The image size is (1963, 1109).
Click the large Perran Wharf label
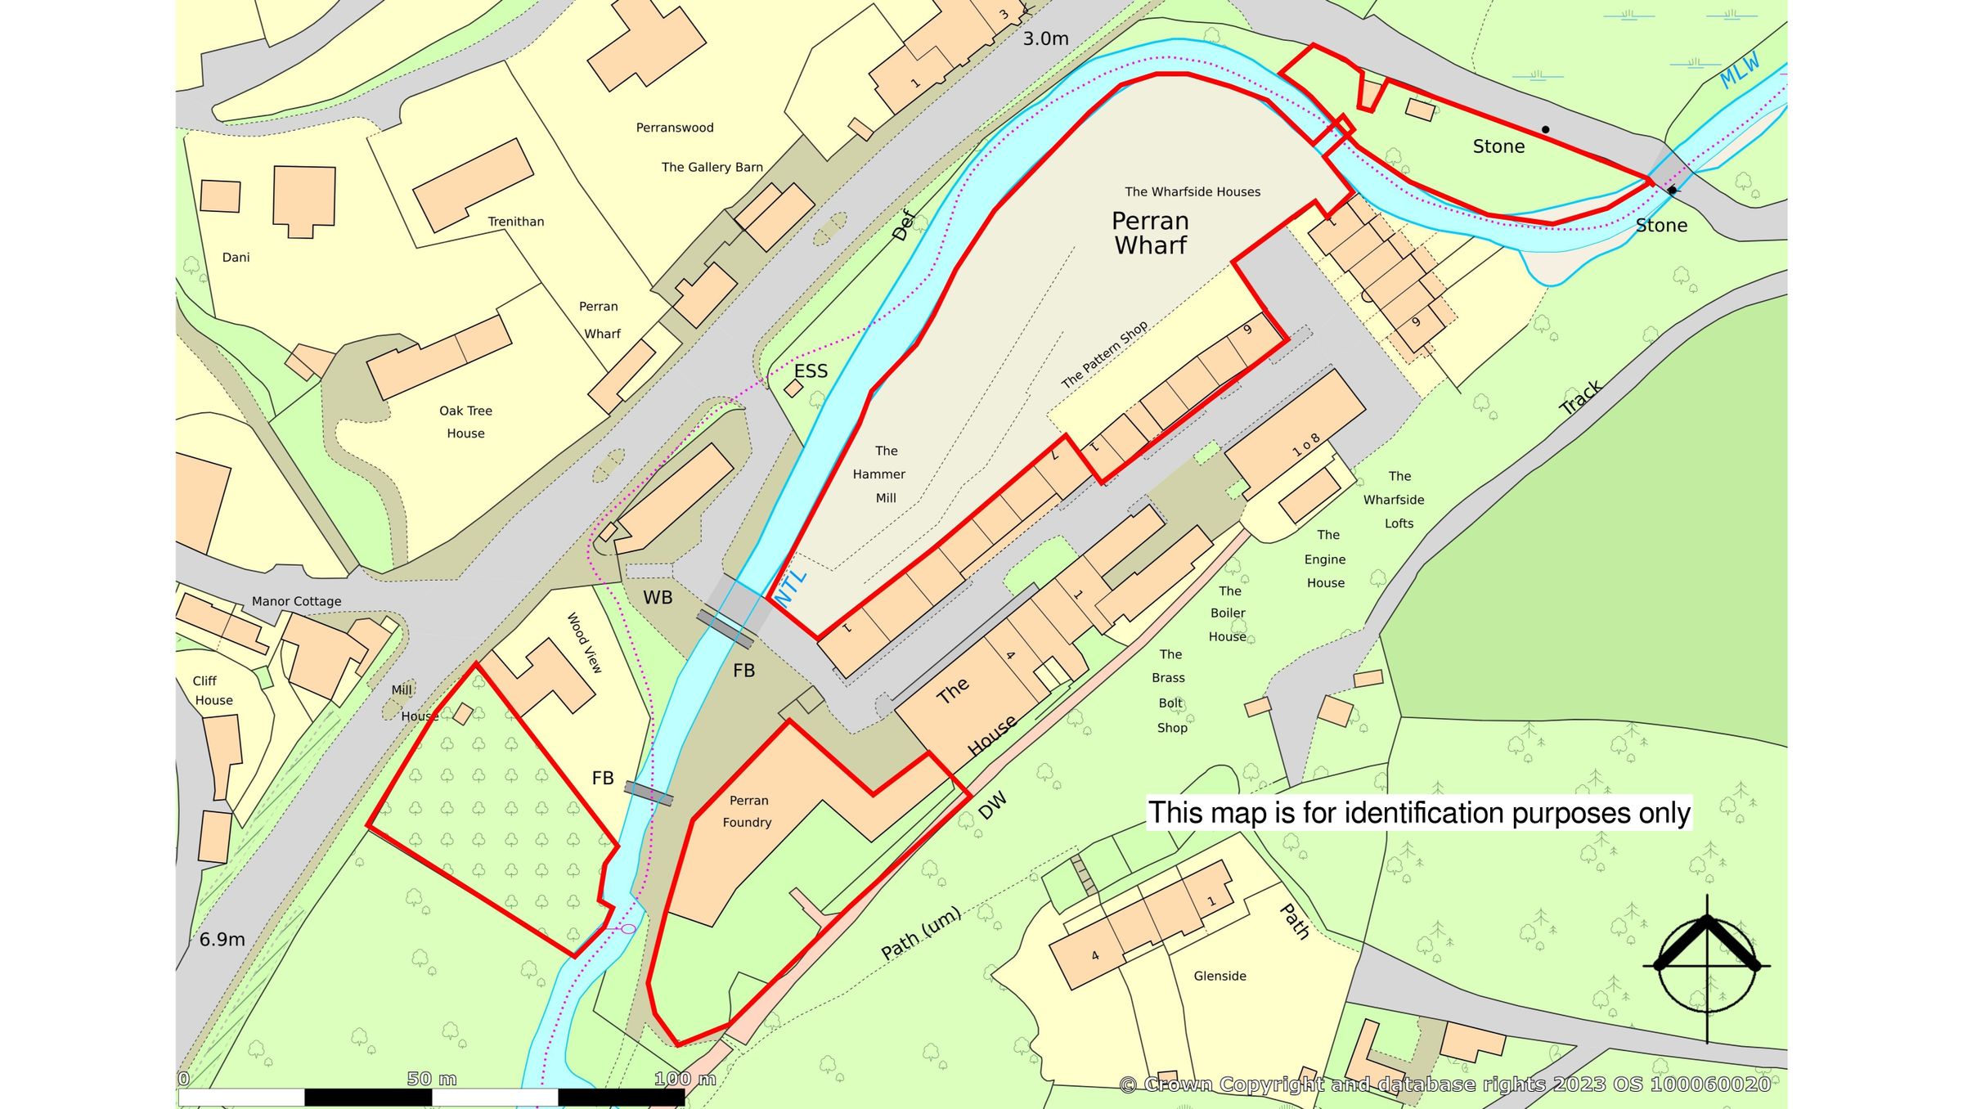(x=1150, y=233)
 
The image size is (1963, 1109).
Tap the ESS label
(x=811, y=371)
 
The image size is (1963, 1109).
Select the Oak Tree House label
(x=465, y=422)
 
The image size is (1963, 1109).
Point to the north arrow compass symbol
(x=1707, y=966)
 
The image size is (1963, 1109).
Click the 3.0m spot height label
(x=1045, y=38)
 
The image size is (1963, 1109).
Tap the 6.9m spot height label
(x=222, y=940)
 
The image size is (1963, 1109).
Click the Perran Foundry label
(x=748, y=811)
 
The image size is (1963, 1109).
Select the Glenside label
(x=1220, y=976)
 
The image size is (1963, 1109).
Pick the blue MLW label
(x=1739, y=71)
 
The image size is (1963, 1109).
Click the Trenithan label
(x=515, y=222)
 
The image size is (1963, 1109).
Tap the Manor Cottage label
(x=296, y=601)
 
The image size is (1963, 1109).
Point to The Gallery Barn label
(x=712, y=167)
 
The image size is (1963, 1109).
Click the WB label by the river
(x=658, y=598)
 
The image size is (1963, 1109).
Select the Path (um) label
(x=921, y=934)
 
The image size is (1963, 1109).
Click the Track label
(x=1580, y=397)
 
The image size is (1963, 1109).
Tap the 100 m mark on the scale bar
(x=685, y=1080)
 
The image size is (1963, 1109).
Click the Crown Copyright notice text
(x=1444, y=1084)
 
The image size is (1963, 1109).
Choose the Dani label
(x=236, y=258)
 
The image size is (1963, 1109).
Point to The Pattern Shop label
(x=1104, y=354)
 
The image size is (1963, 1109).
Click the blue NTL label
(x=790, y=587)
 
